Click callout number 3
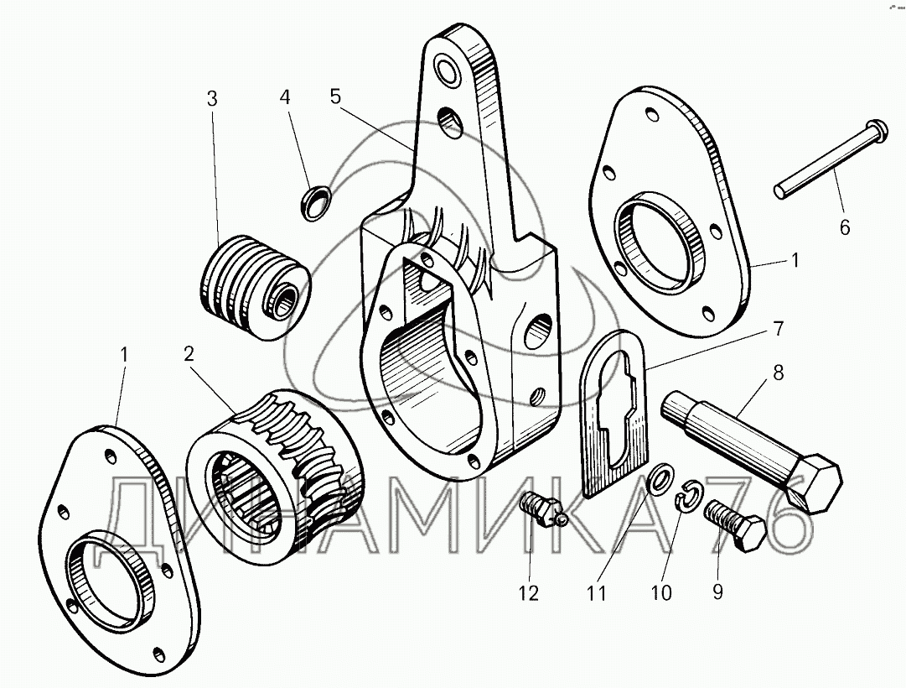pos(212,98)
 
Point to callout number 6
pos(843,227)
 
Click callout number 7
pos(779,330)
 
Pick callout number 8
pos(779,373)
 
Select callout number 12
pos(528,593)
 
